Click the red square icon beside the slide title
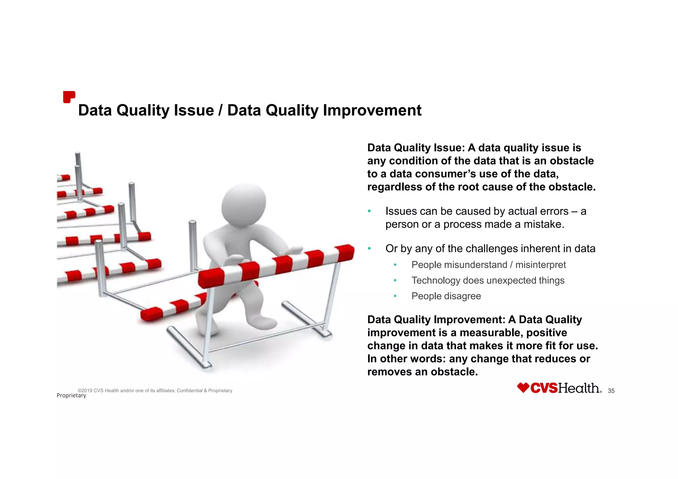pos(69,97)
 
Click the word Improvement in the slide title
pos(372,110)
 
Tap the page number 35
pos(611,391)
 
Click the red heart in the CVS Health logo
pos(523,388)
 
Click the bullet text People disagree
pos(446,296)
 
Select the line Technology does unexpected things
pos(488,281)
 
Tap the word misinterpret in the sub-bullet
pos(540,265)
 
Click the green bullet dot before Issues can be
pos(369,211)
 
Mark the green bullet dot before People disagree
pos(395,296)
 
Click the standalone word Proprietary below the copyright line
pos(71,396)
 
